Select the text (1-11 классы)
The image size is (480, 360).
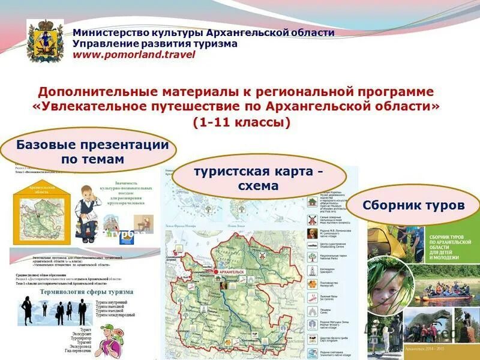[x=241, y=122]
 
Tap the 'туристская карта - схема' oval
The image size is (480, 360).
[x=258, y=178]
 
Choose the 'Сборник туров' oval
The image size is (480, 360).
[x=413, y=205]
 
